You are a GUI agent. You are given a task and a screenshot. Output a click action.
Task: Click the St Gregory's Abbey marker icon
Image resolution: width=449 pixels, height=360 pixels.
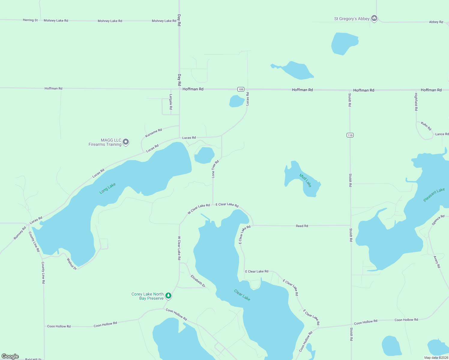[x=374, y=18]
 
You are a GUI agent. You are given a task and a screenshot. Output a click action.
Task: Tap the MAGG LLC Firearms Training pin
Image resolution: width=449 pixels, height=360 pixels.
[x=126, y=142]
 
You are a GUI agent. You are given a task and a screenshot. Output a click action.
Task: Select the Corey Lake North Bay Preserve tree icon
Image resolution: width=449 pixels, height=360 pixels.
[x=168, y=296]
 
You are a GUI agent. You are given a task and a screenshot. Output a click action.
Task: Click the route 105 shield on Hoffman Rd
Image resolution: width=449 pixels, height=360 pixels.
[x=241, y=89]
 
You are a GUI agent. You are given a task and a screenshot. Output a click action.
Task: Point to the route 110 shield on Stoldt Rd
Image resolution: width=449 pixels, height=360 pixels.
[x=350, y=135]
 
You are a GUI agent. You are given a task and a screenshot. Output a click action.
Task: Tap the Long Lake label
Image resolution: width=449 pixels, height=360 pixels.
[x=107, y=188]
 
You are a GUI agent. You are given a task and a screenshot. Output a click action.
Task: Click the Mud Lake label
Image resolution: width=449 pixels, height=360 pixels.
[x=306, y=180]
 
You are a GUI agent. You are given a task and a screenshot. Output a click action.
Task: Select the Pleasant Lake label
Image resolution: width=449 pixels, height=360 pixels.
[x=434, y=195]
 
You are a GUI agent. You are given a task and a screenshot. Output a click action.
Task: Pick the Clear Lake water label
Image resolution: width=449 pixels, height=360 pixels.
[x=242, y=295]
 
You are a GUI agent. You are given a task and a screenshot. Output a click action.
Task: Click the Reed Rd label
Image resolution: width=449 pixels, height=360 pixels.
[x=302, y=226]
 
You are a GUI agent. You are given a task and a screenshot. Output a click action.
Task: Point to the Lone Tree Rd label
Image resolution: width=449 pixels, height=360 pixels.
[x=215, y=169]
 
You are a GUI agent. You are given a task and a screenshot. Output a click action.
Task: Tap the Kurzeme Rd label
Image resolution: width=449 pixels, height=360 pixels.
[x=153, y=133]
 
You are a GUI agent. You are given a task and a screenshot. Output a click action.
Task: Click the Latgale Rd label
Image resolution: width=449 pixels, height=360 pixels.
[x=171, y=102]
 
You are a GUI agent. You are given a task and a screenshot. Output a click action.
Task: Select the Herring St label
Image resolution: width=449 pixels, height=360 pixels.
[x=30, y=20]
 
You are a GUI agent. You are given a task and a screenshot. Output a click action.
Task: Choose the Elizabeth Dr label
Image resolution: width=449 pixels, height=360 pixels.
[x=198, y=281]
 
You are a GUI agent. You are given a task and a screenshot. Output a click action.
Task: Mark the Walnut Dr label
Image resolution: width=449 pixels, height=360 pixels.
[x=72, y=264]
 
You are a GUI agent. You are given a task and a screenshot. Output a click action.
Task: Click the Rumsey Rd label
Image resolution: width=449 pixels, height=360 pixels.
[x=20, y=233]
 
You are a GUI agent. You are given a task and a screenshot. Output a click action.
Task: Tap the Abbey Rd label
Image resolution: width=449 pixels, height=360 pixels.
[x=436, y=22]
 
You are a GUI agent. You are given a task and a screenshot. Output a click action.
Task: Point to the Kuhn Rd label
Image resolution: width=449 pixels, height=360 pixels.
[x=426, y=126]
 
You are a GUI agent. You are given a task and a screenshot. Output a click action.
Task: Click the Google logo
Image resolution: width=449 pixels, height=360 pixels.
[x=10, y=356]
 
